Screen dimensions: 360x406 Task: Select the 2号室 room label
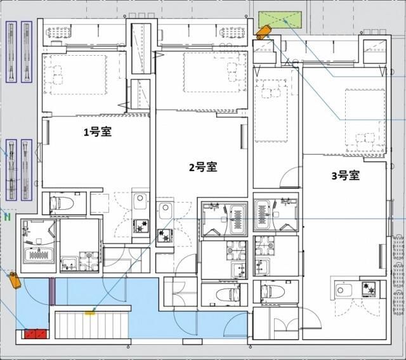(x=202, y=167)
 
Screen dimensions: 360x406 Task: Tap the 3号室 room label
(x=345, y=176)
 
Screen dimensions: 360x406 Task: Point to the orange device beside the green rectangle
(x=263, y=31)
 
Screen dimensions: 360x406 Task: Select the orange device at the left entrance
(x=14, y=280)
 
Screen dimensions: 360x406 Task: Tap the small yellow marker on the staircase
(x=91, y=311)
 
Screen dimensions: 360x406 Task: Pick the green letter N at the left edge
(x=8, y=217)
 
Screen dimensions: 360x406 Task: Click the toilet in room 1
(x=56, y=203)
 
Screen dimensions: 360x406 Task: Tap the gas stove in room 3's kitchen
(x=370, y=289)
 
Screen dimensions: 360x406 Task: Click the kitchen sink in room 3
(x=343, y=291)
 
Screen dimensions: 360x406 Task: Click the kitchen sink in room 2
(x=165, y=211)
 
